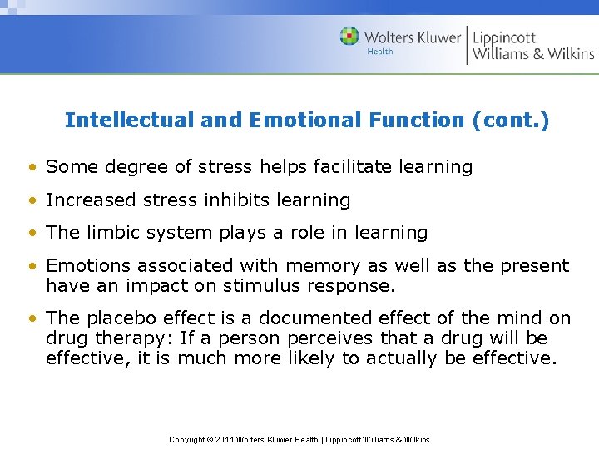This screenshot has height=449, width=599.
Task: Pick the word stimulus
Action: (x=285, y=285)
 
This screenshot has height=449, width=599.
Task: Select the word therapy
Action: (x=132, y=338)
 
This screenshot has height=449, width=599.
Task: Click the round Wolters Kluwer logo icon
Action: (x=350, y=37)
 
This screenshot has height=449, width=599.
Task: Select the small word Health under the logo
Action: (x=379, y=52)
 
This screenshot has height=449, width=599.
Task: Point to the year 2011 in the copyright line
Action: (x=224, y=439)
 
